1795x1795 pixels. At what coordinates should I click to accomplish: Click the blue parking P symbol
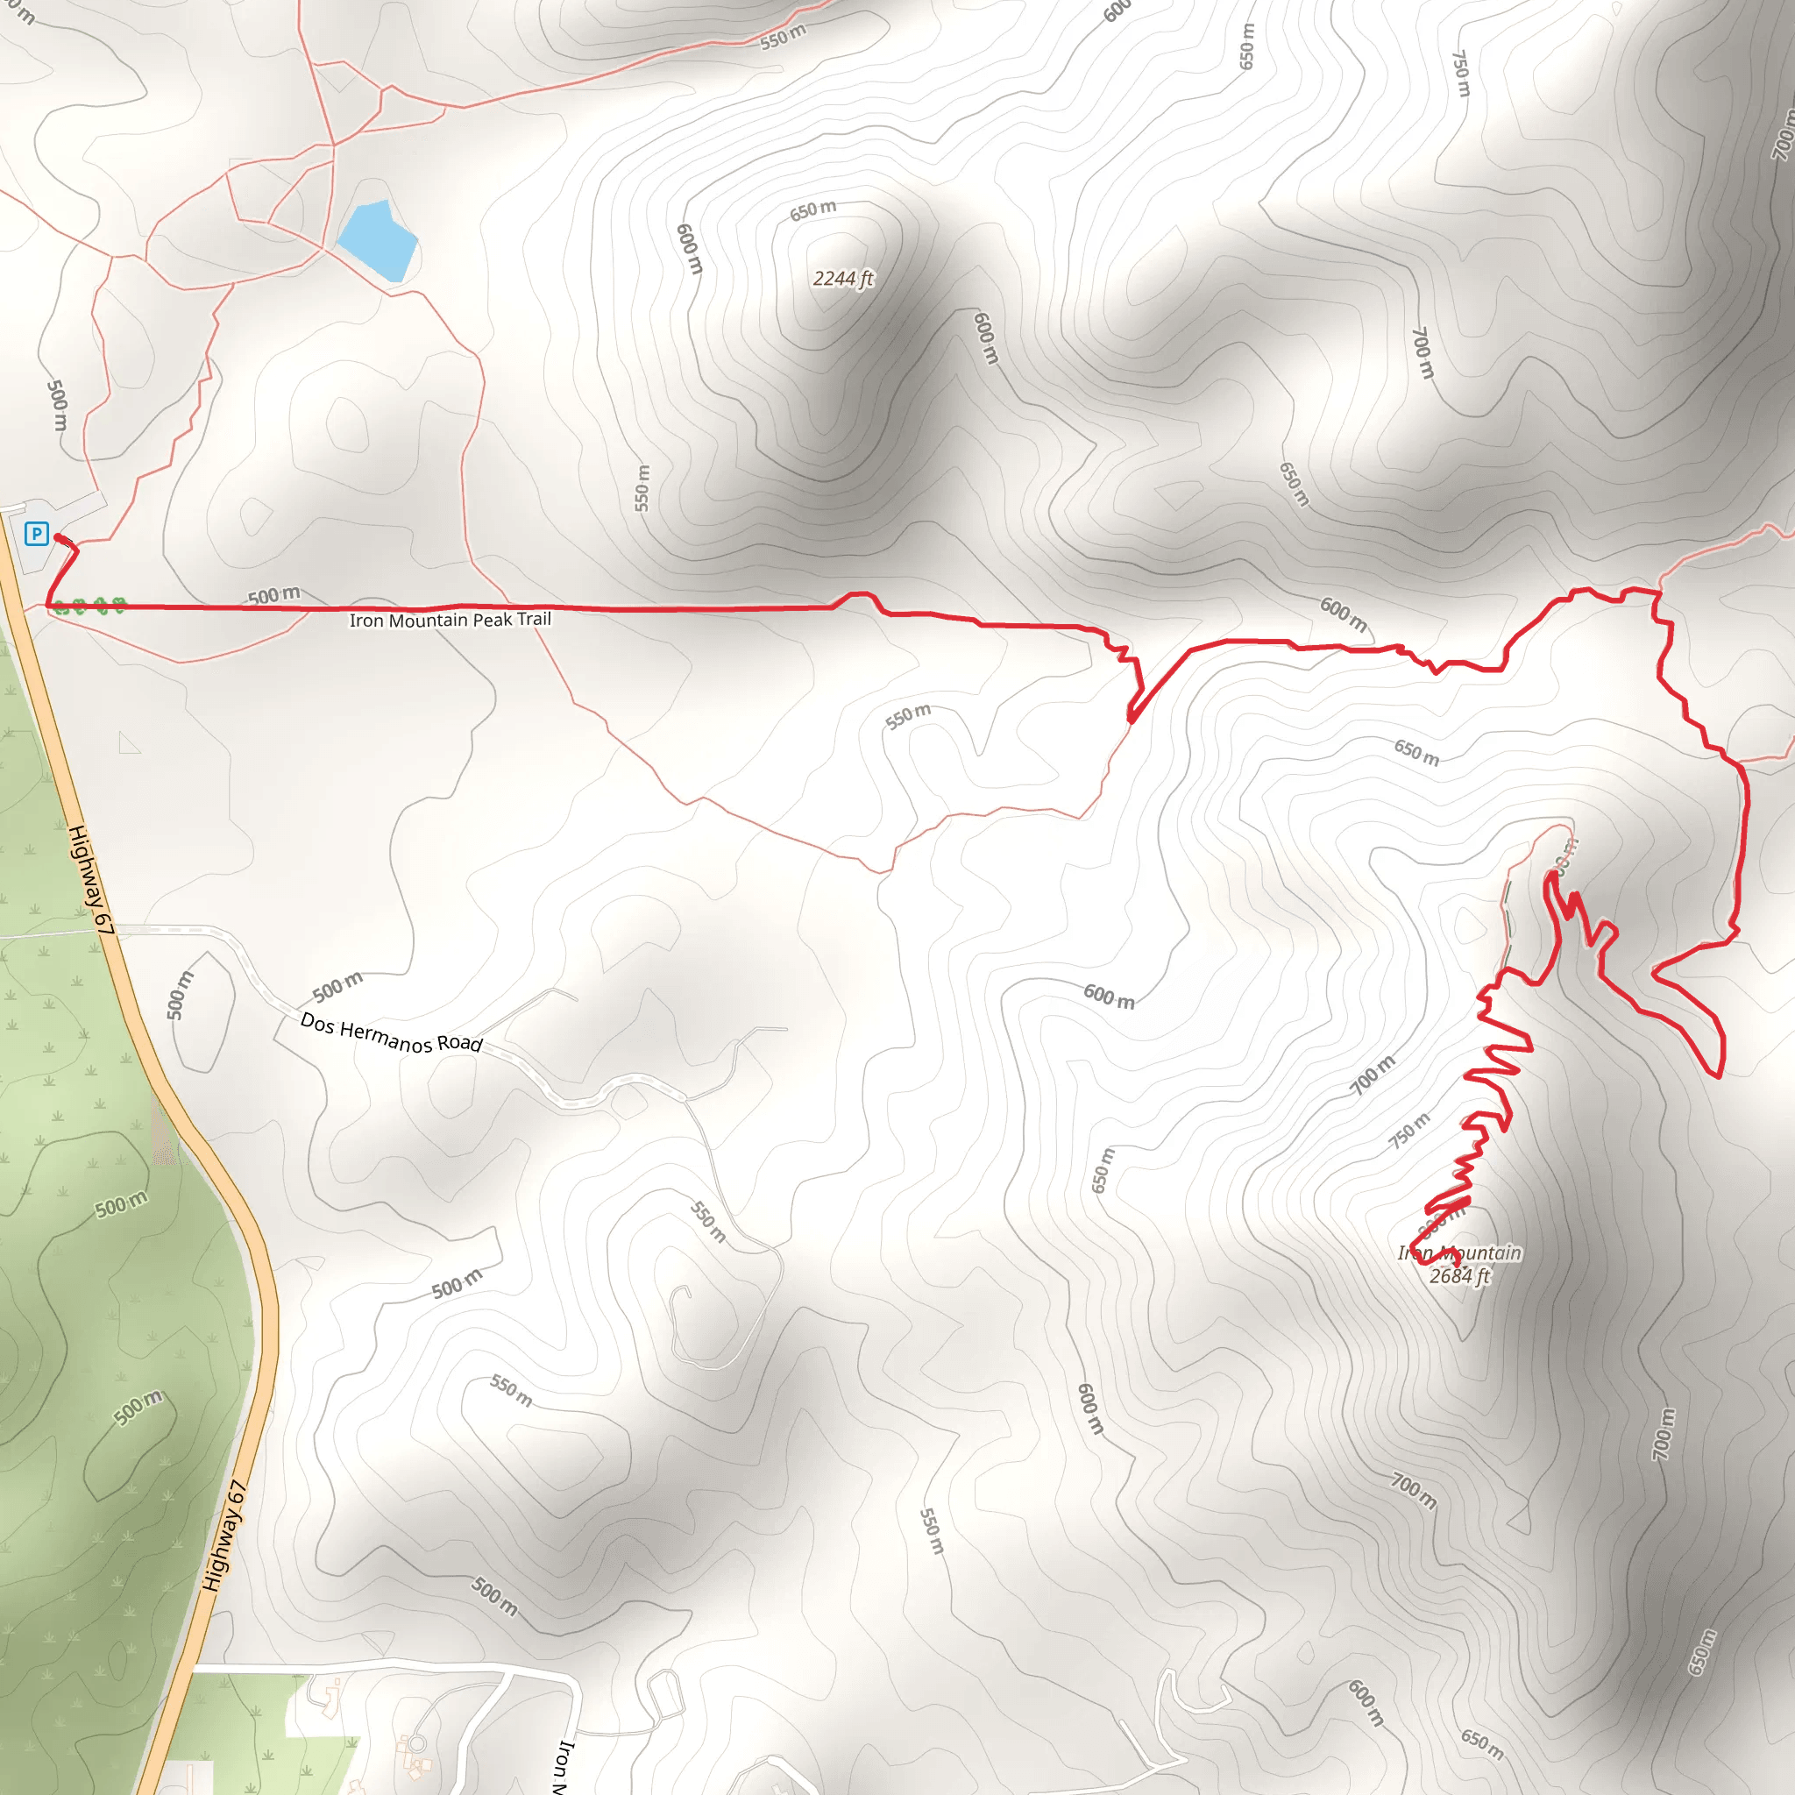pos(36,533)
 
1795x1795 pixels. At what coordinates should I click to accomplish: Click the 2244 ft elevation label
pos(842,279)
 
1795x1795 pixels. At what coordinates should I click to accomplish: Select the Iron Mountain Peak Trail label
pos(450,620)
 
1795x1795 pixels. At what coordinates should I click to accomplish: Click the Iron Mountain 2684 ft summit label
pos(1459,1265)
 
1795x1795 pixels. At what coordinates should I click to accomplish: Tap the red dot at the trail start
pos(59,537)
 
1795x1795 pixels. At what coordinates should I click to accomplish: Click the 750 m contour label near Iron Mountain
pos(1409,1131)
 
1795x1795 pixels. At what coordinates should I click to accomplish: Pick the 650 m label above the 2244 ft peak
pos(813,210)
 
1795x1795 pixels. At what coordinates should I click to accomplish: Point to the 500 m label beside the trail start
pos(274,594)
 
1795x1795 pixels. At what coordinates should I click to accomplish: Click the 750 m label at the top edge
pos(1461,74)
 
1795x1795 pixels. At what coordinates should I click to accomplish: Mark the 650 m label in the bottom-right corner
pos(1702,1653)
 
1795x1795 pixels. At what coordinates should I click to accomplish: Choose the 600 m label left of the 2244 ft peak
pos(690,249)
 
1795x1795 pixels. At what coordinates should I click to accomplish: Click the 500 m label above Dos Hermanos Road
pos(337,987)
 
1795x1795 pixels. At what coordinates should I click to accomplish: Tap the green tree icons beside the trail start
pos(89,607)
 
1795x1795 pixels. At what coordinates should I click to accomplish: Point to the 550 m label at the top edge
pos(784,37)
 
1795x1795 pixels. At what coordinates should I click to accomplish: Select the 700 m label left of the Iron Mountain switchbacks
pos(1373,1075)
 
